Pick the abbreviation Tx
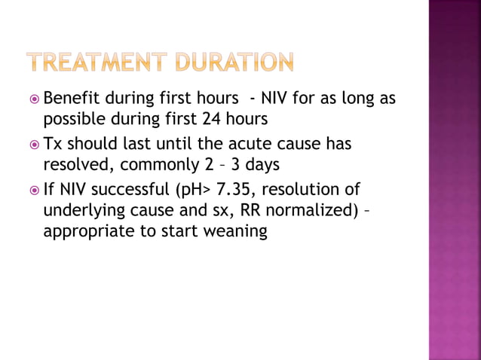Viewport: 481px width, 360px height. click(x=54, y=143)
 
